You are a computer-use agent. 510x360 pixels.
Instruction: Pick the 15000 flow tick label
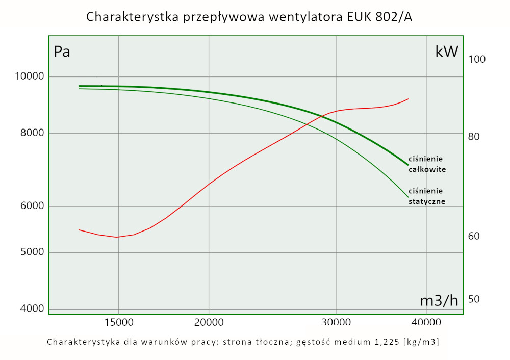[118, 322]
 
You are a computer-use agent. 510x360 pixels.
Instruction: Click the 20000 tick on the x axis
[209, 322]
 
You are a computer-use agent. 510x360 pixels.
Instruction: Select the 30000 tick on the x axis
[336, 322]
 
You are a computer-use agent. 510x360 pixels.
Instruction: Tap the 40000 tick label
[426, 322]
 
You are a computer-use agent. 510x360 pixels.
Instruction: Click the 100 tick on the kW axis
[477, 59]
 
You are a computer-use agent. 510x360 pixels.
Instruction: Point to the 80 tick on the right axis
[474, 137]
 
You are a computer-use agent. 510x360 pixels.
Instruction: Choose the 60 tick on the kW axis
[474, 237]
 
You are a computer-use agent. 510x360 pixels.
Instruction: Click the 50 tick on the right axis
[474, 299]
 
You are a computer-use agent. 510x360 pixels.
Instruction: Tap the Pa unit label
[62, 52]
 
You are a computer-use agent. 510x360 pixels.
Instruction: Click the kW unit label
[447, 52]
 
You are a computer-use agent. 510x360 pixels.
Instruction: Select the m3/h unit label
[439, 301]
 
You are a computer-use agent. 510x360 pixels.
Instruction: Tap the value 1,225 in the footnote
[384, 342]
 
